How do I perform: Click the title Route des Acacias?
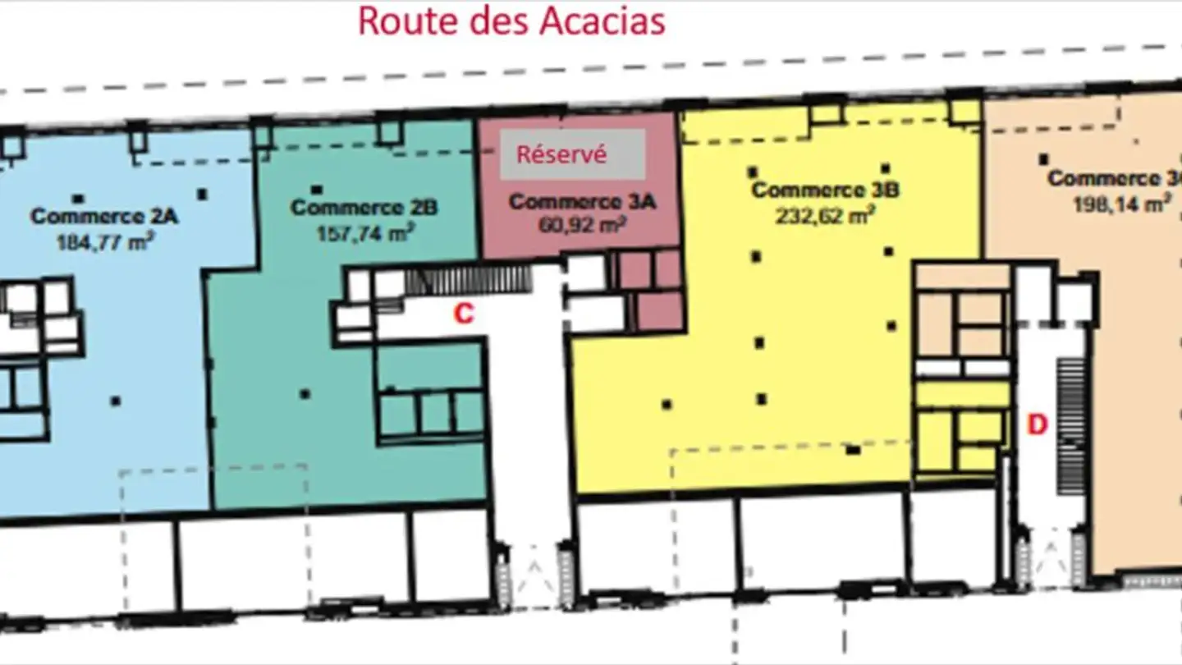[x=511, y=21]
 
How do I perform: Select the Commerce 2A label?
[x=104, y=217]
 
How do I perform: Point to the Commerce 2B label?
[x=364, y=208]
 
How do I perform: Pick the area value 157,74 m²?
[x=364, y=232]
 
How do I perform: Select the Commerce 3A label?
[x=582, y=202]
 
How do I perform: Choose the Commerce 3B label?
[x=826, y=190]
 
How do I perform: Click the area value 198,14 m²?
[x=1121, y=204]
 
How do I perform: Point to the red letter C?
[x=464, y=314]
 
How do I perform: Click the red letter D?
[x=1038, y=425]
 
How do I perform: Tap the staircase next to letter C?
[x=468, y=280]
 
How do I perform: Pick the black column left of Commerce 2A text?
[x=78, y=199]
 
